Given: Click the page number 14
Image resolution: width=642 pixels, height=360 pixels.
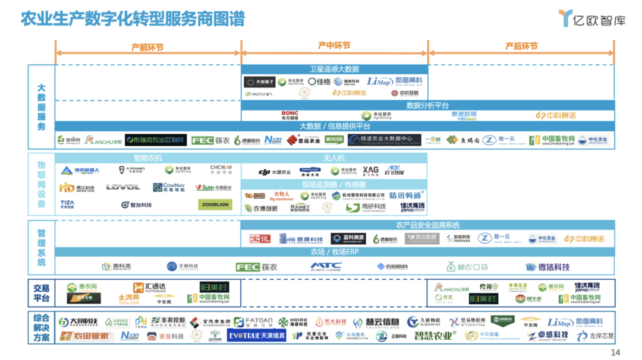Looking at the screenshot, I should [x=615, y=352].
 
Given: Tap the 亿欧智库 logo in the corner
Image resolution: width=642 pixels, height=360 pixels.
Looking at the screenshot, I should [x=592, y=18].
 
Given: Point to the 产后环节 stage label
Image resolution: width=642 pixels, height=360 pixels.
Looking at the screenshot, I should [x=521, y=46].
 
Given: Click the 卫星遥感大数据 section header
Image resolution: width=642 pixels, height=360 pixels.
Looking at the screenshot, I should [x=334, y=70].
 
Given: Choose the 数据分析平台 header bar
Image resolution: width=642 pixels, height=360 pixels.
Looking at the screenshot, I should [x=427, y=106].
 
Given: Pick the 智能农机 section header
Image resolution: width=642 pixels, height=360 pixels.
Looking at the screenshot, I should [x=147, y=159].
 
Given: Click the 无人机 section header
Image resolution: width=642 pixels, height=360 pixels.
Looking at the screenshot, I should [x=333, y=159].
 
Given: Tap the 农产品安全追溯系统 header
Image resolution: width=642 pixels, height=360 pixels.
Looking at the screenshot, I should [x=427, y=226].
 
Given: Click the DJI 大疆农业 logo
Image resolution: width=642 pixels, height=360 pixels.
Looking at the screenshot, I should [x=275, y=172].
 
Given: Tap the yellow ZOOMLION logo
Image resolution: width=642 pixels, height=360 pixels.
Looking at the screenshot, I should [x=215, y=204].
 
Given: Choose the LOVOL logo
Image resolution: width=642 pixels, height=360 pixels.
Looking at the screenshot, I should [x=123, y=188].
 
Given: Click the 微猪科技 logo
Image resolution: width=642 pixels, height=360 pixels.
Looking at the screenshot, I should [x=547, y=267].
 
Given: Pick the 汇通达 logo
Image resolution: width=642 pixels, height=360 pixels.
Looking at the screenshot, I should [x=149, y=287].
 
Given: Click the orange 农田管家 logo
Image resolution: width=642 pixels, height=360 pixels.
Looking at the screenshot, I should [x=87, y=336].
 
